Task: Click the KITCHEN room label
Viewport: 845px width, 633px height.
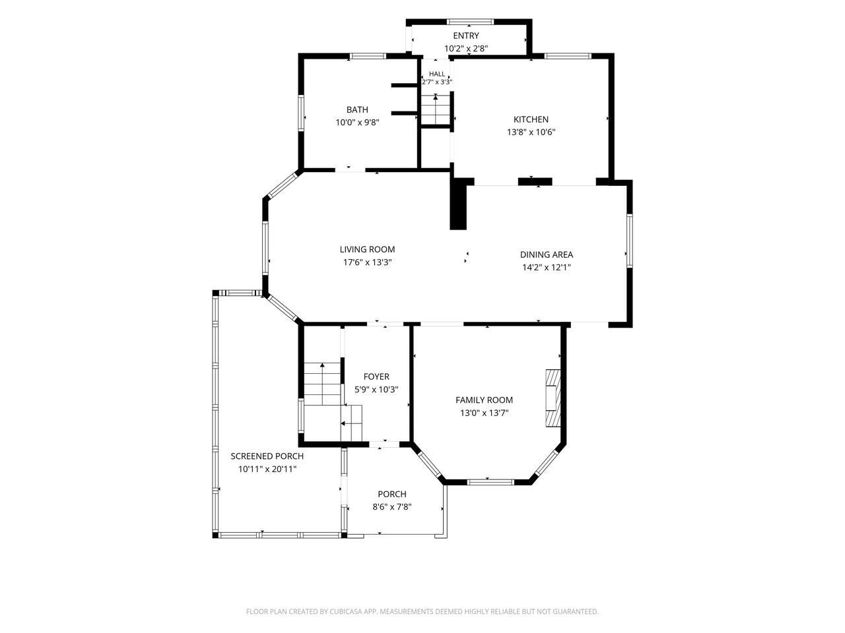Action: (x=531, y=119)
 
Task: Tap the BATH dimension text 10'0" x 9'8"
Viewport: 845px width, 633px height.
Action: (x=357, y=123)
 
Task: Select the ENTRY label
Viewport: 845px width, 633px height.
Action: (x=466, y=36)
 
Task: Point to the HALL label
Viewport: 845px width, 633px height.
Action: (x=437, y=74)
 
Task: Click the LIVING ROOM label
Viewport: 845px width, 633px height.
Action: (x=367, y=249)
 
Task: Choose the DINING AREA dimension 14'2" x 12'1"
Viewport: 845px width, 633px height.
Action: (x=546, y=267)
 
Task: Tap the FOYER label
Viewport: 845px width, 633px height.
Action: (x=376, y=377)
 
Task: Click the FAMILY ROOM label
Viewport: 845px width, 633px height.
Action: (x=484, y=400)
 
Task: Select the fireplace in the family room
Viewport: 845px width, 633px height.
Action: (x=553, y=398)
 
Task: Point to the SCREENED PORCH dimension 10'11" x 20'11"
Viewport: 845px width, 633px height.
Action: (x=267, y=469)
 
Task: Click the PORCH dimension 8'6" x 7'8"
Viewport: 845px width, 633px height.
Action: (x=392, y=507)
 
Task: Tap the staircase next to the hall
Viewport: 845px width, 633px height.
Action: (x=436, y=109)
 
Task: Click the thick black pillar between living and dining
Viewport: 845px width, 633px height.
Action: (x=458, y=204)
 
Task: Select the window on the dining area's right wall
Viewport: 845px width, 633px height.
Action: (x=630, y=241)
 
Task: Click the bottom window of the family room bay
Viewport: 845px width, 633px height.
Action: (x=491, y=482)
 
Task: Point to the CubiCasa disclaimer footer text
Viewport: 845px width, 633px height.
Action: (x=422, y=611)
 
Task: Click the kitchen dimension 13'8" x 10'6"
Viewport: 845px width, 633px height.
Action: (x=531, y=133)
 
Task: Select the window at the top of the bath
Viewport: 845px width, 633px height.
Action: (x=368, y=56)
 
